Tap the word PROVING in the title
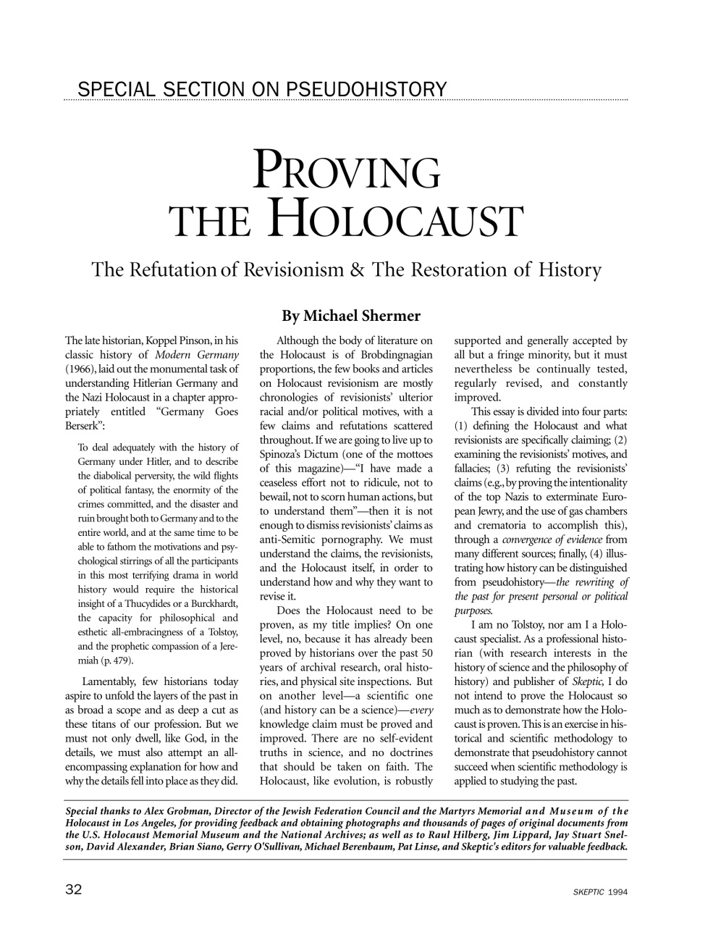pos(346,173)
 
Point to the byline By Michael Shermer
pos(351,316)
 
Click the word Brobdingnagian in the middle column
pos(392,355)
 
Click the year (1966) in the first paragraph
pos(80,369)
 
